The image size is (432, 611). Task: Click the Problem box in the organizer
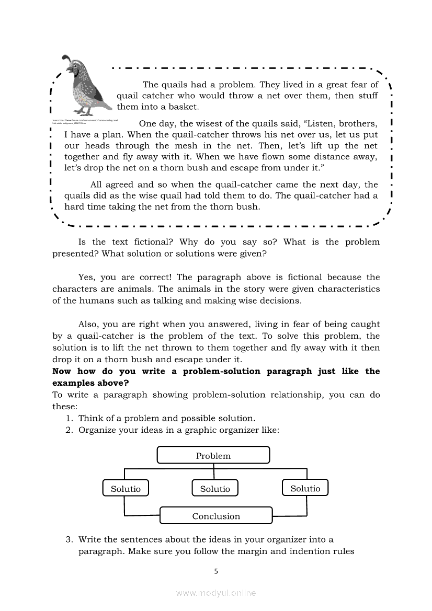coord(213,455)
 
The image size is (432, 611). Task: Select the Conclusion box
coord(216,516)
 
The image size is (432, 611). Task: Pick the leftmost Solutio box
coord(126,489)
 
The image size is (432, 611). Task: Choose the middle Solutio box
coord(215,489)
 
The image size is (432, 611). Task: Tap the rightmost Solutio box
coord(305,488)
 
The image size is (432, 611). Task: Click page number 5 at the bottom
coord(216,571)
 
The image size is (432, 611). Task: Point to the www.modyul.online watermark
coord(216,593)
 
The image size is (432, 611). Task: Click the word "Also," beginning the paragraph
coord(88,324)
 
